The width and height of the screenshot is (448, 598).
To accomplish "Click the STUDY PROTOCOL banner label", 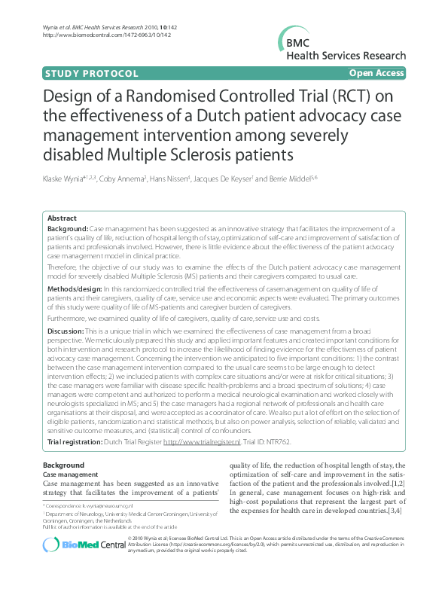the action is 92,74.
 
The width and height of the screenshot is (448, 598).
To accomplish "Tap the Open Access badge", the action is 376,74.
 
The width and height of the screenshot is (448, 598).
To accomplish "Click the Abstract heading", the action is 62,217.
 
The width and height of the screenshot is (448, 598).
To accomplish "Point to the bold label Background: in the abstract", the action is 68,227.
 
